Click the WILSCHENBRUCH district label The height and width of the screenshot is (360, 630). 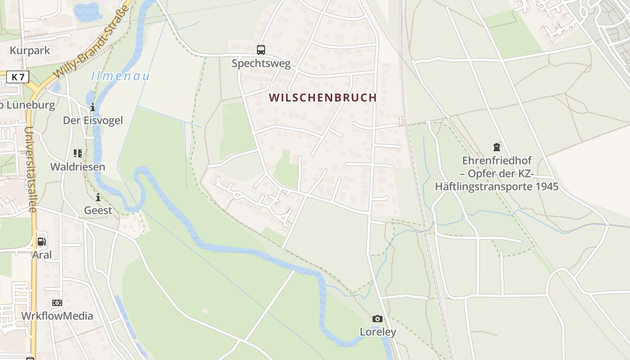point(323,98)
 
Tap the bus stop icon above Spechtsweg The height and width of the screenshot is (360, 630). point(261,49)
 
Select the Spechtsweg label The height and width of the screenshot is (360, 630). point(261,63)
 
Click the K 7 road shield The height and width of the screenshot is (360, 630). point(18,77)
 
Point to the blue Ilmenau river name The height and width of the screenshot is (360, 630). point(120,76)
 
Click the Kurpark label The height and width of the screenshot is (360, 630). point(30,50)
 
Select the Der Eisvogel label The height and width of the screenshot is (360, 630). point(93,121)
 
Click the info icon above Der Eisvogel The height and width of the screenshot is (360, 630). point(93,107)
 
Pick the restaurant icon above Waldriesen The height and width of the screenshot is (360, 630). point(77,153)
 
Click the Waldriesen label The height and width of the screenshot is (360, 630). point(77,167)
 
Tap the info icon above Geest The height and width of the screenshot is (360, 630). point(98,197)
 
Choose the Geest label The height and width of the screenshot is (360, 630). point(98,210)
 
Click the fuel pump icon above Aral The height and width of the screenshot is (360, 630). point(41,241)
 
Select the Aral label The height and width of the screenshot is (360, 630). point(41,255)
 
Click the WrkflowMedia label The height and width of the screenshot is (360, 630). point(57,316)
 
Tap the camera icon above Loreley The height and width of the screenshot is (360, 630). point(378,319)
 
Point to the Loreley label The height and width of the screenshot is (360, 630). point(378,332)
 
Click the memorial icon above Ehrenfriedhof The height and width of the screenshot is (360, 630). point(496,147)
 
